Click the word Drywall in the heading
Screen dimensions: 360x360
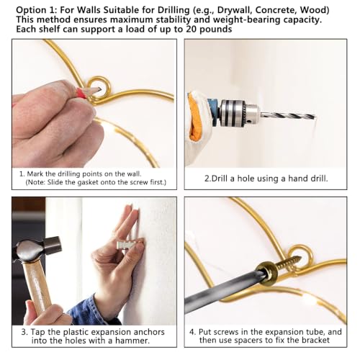tap(234, 10)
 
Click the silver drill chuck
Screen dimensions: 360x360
tap(236, 113)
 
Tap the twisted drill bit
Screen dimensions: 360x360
tap(288, 116)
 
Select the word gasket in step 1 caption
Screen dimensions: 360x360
tap(88, 182)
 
